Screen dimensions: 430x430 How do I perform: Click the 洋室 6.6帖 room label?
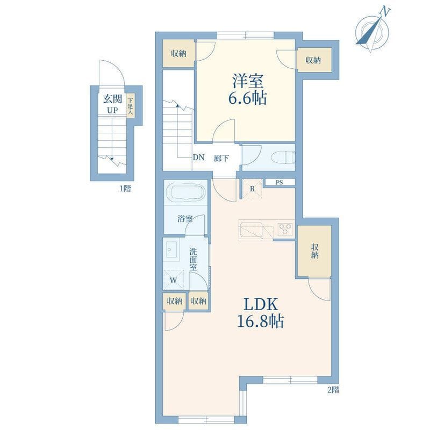[x=248, y=89]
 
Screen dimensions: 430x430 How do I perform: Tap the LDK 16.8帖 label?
[x=260, y=313]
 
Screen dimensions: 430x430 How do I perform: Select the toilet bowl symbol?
[x=283, y=157]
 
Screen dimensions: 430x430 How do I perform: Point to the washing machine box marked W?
[x=173, y=279]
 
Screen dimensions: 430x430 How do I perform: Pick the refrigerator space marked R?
[x=252, y=189]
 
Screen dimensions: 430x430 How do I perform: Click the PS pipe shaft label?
[x=279, y=182]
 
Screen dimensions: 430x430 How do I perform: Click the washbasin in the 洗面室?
[x=171, y=249]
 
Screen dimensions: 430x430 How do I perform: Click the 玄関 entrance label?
[x=112, y=99]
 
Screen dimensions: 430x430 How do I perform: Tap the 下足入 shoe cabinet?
[x=131, y=106]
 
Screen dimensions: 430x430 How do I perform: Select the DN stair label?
[x=198, y=157]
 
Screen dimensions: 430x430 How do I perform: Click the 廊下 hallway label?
[x=221, y=158]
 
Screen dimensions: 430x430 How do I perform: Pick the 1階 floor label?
[x=125, y=189]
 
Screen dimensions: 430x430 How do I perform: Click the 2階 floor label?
[x=333, y=390]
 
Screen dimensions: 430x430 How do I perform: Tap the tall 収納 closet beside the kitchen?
[x=314, y=251]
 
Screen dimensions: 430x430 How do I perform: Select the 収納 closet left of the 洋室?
[x=179, y=53]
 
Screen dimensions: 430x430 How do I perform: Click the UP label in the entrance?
[x=112, y=111]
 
